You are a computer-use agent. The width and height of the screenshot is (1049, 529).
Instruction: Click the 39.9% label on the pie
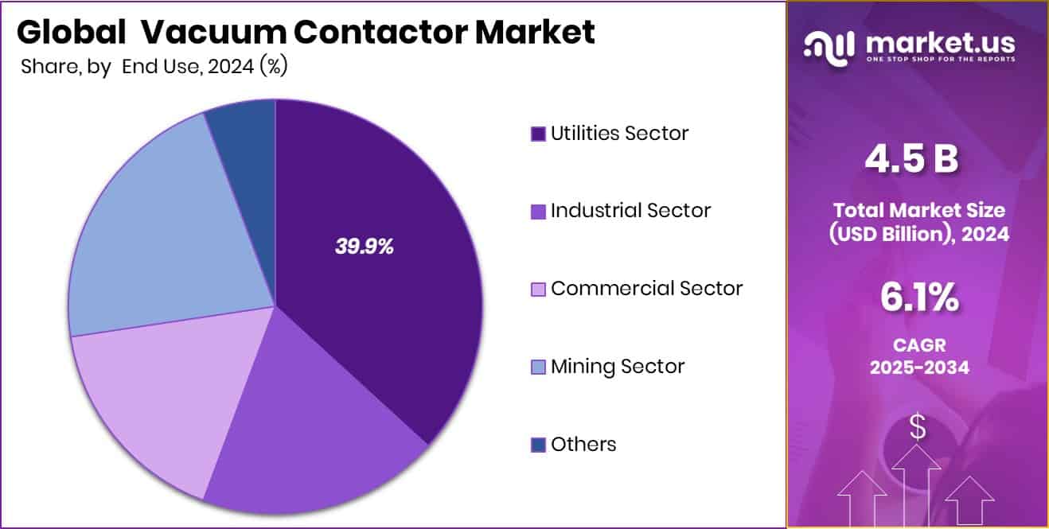pyautogui.click(x=364, y=247)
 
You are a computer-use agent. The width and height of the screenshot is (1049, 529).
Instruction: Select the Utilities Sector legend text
pyautogui.click(x=619, y=133)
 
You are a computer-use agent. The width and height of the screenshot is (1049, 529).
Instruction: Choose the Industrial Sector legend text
pyautogui.click(x=630, y=211)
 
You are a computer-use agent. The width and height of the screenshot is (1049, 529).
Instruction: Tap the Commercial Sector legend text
pyautogui.click(x=646, y=288)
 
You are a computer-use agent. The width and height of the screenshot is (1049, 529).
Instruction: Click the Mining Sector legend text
pyautogui.click(x=617, y=366)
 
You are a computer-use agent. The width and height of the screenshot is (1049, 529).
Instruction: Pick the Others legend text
pyautogui.click(x=583, y=444)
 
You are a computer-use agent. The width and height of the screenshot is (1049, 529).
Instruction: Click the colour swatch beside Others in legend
pyautogui.click(x=538, y=445)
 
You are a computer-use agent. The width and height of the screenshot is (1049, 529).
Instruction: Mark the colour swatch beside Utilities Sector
pyautogui.click(x=538, y=134)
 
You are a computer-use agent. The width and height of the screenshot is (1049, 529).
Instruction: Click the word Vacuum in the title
pyautogui.click(x=209, y=33)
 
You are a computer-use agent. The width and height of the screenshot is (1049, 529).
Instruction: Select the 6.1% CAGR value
pyautogui.click(x=918, y=298)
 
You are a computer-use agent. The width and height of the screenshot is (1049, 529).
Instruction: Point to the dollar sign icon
pyautogui.click(x=918, y=428)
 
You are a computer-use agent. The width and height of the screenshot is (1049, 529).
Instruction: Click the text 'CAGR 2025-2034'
pyautogui.click(x=918, y=357)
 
